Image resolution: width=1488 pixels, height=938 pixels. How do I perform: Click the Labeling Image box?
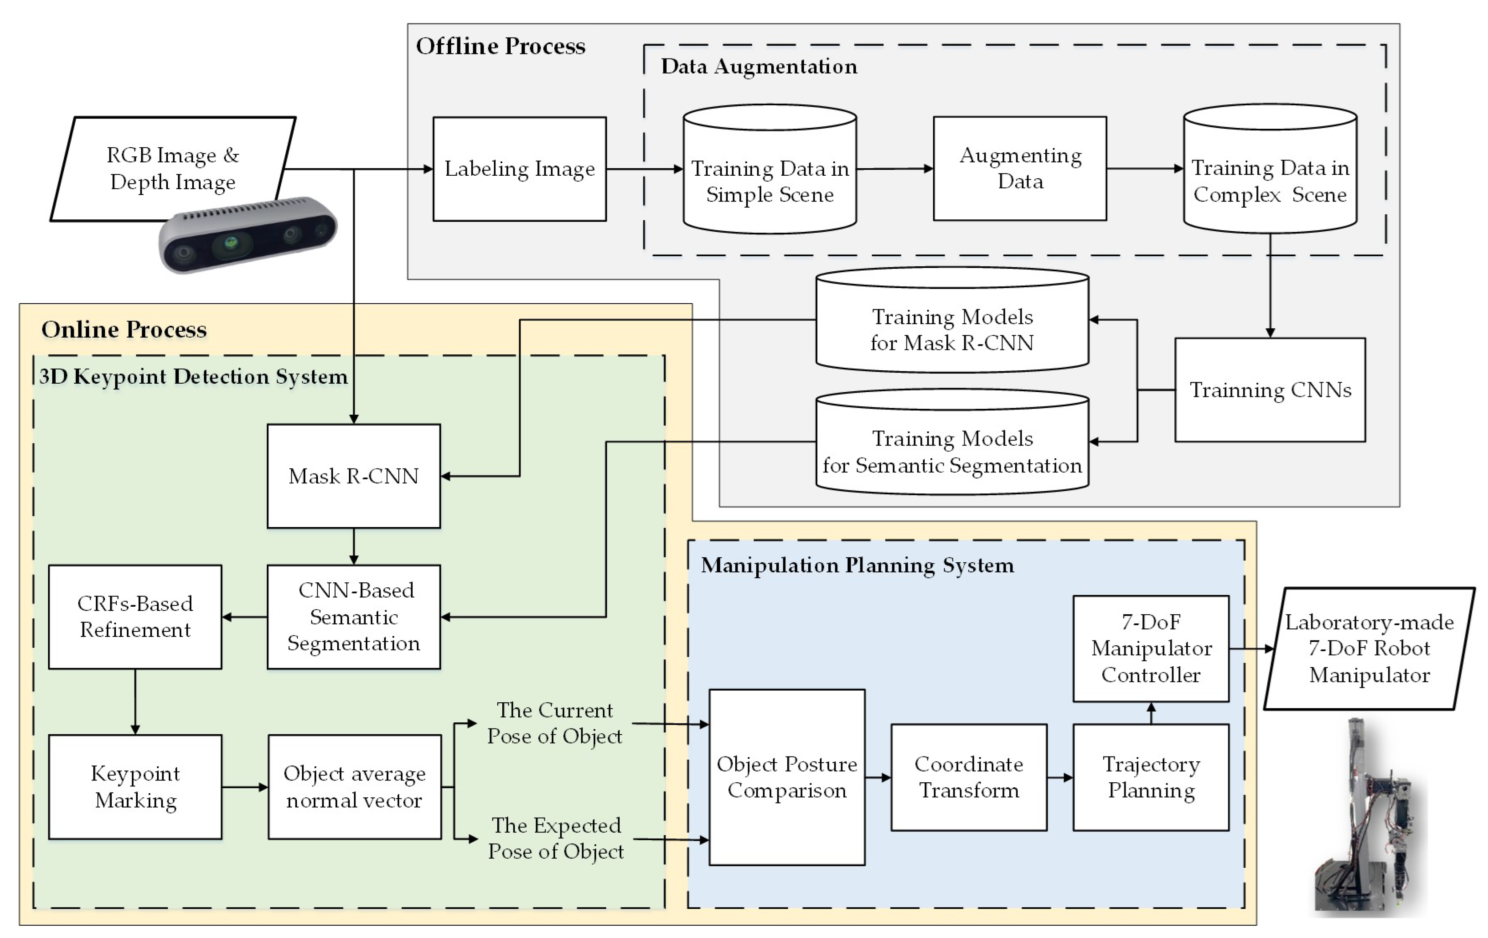(x=519, y=169)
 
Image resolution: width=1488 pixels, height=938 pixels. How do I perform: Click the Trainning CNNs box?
(x=1270, y=390)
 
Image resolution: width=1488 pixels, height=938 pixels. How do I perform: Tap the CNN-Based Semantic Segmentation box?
(x=353, y=616)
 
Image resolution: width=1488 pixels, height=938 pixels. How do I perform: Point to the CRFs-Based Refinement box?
(x=135, y=616)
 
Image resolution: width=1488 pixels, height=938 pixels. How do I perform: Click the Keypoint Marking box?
(x=135, y=786)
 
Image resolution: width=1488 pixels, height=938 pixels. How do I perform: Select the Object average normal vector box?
(x=354, y=786)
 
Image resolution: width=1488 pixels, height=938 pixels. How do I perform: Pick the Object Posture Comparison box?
(x=787, y=777)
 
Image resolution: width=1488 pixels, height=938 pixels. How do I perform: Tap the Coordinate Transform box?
(x=968, y=777)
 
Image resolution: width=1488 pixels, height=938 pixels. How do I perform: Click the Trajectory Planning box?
(x=1151, y=777)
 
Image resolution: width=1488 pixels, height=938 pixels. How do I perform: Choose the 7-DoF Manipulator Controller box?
(x=1151, y=648)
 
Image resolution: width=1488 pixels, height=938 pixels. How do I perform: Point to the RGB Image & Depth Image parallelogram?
(x=173, y=168)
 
